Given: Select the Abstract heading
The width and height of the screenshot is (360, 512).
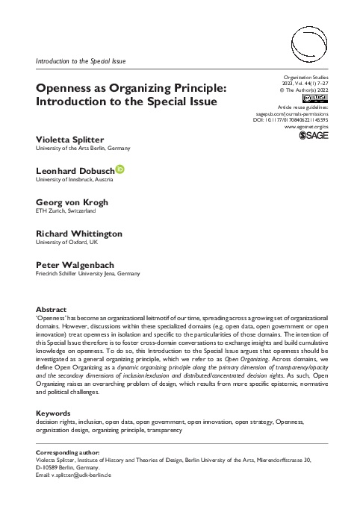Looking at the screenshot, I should point(52,309).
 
